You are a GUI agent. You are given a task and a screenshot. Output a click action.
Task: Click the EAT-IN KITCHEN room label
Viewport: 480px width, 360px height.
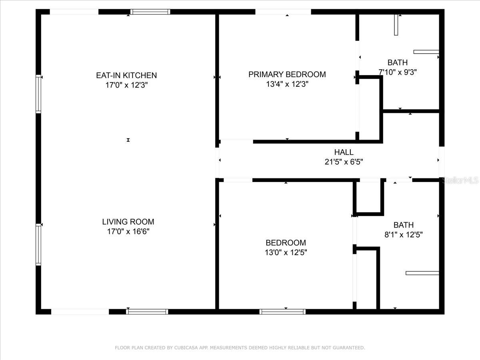126,76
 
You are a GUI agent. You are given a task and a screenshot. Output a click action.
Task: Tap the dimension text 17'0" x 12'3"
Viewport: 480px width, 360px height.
127,85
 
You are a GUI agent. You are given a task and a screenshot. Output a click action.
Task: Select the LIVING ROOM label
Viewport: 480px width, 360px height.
128,222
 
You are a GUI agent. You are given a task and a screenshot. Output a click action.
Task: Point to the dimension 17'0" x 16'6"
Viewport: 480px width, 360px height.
128,232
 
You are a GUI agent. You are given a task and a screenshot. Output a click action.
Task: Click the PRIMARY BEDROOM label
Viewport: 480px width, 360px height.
287,74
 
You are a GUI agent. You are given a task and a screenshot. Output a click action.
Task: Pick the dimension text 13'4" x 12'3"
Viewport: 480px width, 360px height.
287,84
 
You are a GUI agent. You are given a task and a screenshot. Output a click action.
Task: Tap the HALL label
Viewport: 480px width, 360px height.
344,152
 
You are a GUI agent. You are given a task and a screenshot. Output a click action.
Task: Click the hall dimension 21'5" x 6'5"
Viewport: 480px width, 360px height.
344,162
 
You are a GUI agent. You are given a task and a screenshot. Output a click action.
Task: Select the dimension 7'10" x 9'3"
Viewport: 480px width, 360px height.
398,72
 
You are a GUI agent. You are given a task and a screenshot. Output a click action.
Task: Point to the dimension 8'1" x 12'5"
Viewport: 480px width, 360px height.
404,235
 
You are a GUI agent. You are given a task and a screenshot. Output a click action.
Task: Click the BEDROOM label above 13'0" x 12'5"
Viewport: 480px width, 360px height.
286,243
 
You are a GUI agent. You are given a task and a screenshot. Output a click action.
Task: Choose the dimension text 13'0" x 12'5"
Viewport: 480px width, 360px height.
286,253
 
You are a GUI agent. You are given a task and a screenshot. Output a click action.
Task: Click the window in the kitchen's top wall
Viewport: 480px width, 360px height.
150,12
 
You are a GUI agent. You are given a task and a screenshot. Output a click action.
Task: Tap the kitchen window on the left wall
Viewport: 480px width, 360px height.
38,94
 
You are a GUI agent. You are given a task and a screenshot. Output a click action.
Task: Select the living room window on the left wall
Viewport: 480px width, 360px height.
38,244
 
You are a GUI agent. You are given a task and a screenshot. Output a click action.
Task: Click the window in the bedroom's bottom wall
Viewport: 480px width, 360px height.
282,312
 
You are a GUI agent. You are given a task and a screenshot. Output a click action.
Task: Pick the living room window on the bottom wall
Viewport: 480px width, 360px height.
147,312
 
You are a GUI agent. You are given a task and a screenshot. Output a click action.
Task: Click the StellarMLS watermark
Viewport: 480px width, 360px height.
460,180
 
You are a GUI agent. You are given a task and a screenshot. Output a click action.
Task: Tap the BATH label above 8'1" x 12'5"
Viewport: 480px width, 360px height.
404,225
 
